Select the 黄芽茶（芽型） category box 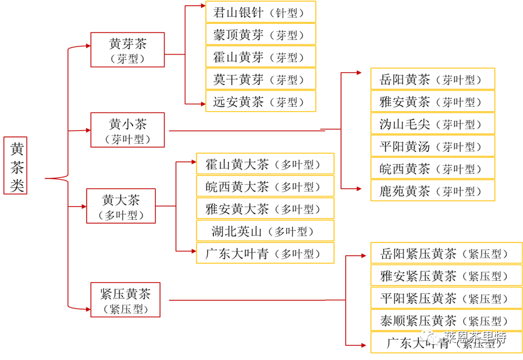[x=127, y=50]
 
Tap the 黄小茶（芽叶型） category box [x=127, y=130]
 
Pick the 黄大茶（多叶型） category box [x=121, y=206]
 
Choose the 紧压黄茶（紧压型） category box [x=126, y=299]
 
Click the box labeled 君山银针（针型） [x=261, y=12]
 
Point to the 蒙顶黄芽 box [x=261, y=35]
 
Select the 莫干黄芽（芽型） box [x=261, y=79]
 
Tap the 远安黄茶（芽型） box [x=261, y=101]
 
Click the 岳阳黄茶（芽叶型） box [x=433, y=79]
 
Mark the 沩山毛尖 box [x=433, y=124]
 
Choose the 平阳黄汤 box [x=433, y=146]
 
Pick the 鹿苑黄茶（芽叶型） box [x=433, y=190]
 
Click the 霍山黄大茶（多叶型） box [x=265, y=165]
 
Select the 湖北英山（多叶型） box [x=265, y=231]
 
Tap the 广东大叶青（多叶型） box [x=265, y=253]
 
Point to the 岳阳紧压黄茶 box [x=446, y=253]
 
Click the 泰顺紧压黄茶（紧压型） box [x=446, y=320]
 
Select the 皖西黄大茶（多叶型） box [x=265, y=187]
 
